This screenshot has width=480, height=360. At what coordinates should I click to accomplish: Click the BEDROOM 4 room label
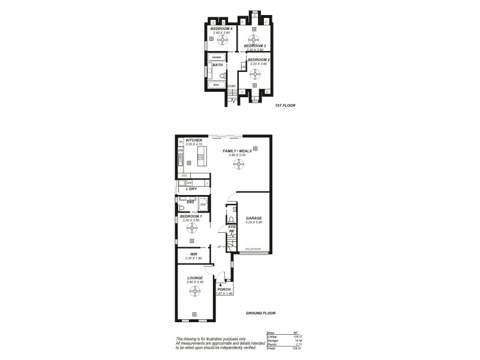click(219, 29)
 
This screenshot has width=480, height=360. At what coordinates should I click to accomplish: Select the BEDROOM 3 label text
click(256, 46)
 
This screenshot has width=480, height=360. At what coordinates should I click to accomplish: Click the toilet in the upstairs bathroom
click(221, 76)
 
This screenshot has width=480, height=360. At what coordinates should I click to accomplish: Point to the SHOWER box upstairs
click(216, 58)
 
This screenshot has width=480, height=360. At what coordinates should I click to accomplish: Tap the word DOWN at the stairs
click(231, 86)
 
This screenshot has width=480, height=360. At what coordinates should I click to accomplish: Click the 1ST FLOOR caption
click(285, 106)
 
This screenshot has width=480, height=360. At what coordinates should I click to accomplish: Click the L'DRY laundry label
click(191, 188)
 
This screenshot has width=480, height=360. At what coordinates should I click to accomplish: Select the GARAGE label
click(254, 218)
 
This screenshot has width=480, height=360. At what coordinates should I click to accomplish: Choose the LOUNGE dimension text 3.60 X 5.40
click(194, 282)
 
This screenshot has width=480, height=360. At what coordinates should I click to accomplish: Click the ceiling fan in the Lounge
click(194, 292)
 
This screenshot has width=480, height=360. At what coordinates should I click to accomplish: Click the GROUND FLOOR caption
click(260, 313)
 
